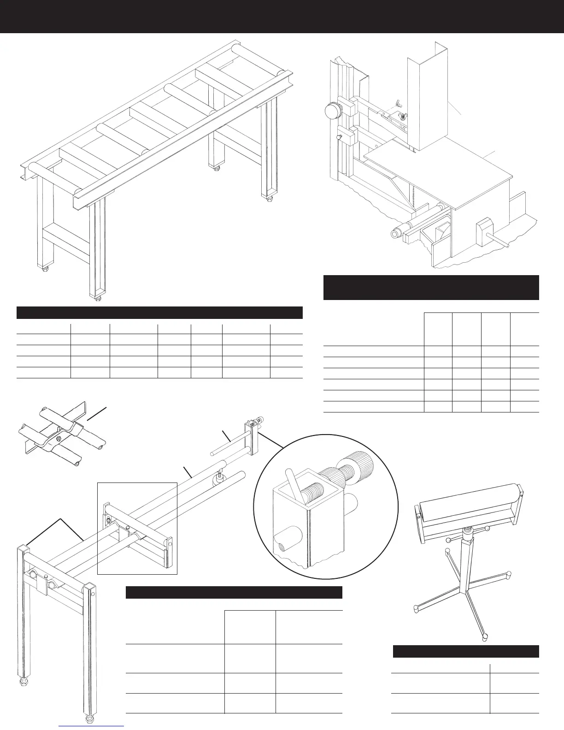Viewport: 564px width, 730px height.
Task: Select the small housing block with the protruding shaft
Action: [x=484, y=226]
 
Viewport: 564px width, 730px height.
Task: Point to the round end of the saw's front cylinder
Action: [x=394, y=233]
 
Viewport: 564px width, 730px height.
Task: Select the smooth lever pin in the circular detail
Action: [x=294, y=483]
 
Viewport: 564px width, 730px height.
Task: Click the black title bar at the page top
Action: [x=282, y=17]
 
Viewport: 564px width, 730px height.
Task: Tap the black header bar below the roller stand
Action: [x=465, y=651]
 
